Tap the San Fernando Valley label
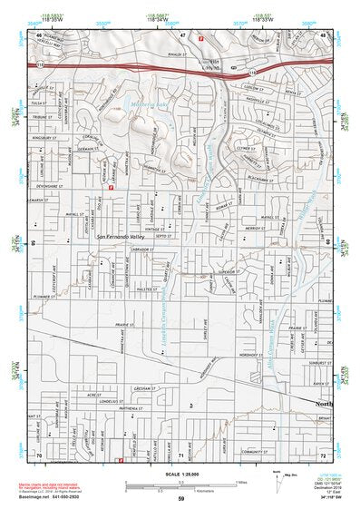pos(120,238)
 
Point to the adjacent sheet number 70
pos(39,453)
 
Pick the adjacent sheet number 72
pos(323,453)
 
